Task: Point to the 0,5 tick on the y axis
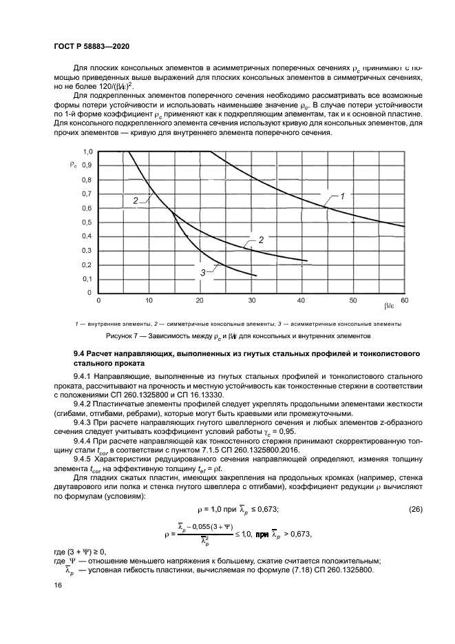point(87,222)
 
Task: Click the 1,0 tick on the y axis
point(87,151)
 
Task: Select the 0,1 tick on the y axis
point(87,279)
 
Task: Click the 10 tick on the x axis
point(149,301)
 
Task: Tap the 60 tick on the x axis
point(403,301)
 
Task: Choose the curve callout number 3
point(203,273)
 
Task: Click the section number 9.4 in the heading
point(81,353)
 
